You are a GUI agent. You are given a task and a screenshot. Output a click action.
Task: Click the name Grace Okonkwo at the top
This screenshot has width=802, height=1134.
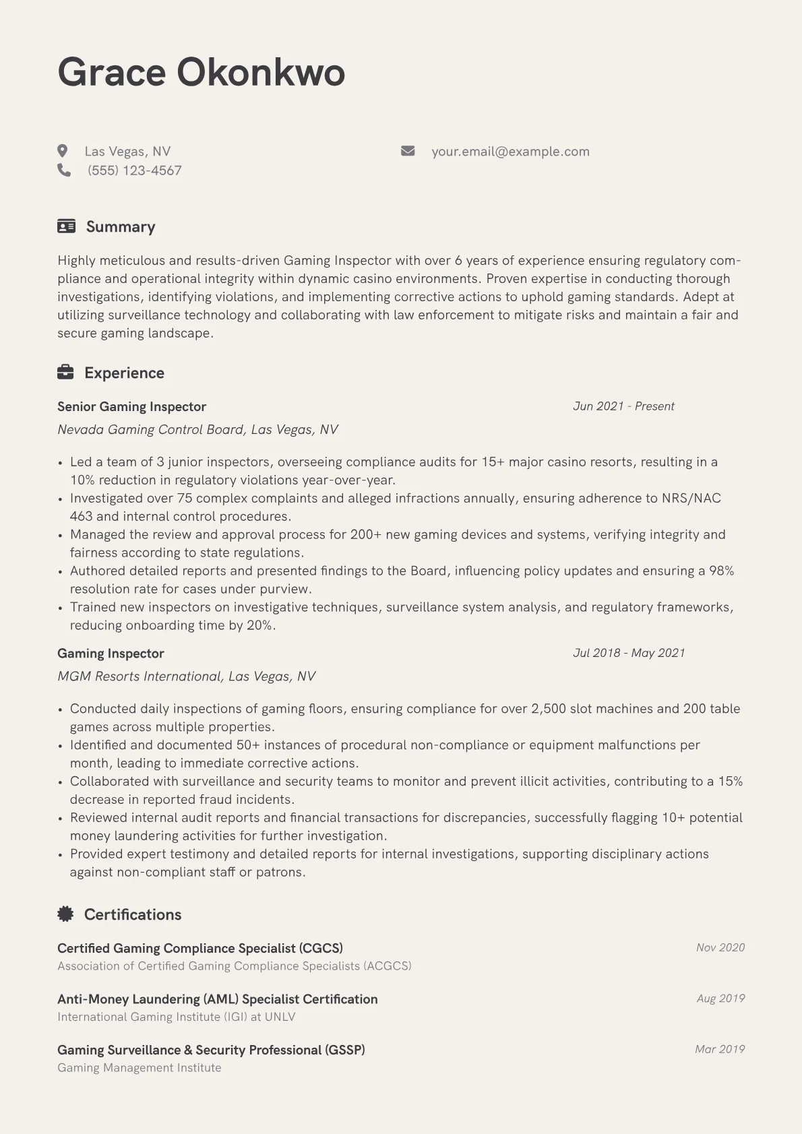click(201, 72)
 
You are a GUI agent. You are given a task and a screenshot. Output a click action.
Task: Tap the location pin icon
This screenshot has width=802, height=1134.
click(63, 151)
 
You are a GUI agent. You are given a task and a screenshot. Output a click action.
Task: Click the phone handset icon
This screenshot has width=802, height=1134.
click(64, 170)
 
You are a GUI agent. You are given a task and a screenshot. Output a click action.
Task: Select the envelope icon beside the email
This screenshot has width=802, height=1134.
click(408, 151)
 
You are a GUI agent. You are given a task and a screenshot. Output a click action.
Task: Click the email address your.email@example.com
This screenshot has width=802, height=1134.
click(510, 152)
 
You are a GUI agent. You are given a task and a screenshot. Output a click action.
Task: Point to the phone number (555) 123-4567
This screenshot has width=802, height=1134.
click(134, 170)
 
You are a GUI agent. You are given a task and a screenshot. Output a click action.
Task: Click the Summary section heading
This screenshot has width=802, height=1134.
click(121, 227)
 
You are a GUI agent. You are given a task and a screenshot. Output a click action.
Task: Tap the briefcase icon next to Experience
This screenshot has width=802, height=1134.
click(65, 372)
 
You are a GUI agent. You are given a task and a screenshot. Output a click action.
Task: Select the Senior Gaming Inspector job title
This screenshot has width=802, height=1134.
click(131, 406)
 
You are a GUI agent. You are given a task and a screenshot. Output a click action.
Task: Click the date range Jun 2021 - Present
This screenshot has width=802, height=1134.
click(623, 406)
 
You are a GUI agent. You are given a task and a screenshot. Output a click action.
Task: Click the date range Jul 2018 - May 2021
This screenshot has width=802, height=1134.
click(629, 653)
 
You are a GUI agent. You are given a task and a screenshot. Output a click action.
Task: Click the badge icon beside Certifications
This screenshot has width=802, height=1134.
click(65, 914)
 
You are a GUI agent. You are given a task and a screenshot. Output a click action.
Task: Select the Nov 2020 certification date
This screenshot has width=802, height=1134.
click(720, 947)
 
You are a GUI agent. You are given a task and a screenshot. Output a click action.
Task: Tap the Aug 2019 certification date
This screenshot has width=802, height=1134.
click(720, 998)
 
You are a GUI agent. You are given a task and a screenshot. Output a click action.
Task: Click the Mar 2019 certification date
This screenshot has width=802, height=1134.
click(720, 1049)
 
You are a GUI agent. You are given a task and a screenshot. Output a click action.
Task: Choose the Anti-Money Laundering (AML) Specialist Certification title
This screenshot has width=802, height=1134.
click(217, 999)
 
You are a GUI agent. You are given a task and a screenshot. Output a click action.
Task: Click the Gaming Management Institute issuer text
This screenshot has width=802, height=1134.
click(140, 1068)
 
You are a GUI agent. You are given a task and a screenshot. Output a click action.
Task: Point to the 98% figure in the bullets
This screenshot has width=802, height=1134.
click(721, 571)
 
